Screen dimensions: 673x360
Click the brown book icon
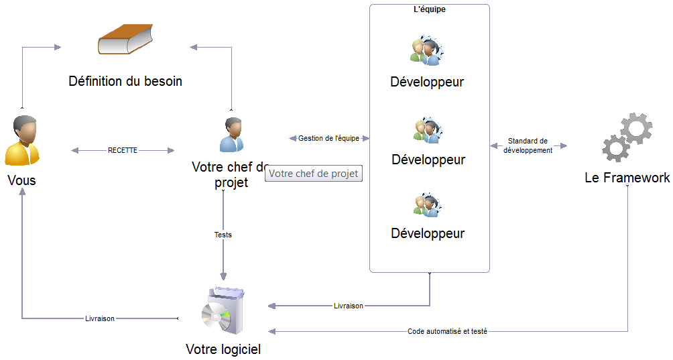click(x=125, y=39)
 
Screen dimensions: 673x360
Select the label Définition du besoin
click(x=125, y=81)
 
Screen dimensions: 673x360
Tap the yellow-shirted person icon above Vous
click(x=22, y=140)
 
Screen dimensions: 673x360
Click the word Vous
click(x=22, y=180)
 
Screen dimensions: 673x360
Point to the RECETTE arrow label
click(x=123, y=150)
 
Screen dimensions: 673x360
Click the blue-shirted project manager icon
click(x=232, y=135)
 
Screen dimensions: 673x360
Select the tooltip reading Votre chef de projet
click(x=313, y=174)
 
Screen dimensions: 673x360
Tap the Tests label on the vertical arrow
click(x=223, y=235)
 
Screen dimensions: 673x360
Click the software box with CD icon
click(x=223, y=310)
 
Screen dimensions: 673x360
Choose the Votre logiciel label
click(x=223, y=349)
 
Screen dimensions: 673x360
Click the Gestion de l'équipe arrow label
click(x=328, y=138)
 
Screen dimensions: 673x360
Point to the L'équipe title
click(x=430, y=9)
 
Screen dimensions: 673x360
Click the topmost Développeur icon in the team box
click(x=426, y=51)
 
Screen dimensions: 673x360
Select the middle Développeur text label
click(x=428, y=160)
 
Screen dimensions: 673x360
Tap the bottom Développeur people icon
click(x=428, y=205)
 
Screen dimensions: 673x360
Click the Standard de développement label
click(x=528, y=145)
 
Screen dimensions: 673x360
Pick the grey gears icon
click(x=627, y=137)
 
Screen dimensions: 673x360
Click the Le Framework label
click(x=627, y=178)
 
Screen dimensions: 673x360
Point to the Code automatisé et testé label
click(x=447, y=331)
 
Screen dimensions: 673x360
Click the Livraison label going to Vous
click(x=100, y=318)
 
